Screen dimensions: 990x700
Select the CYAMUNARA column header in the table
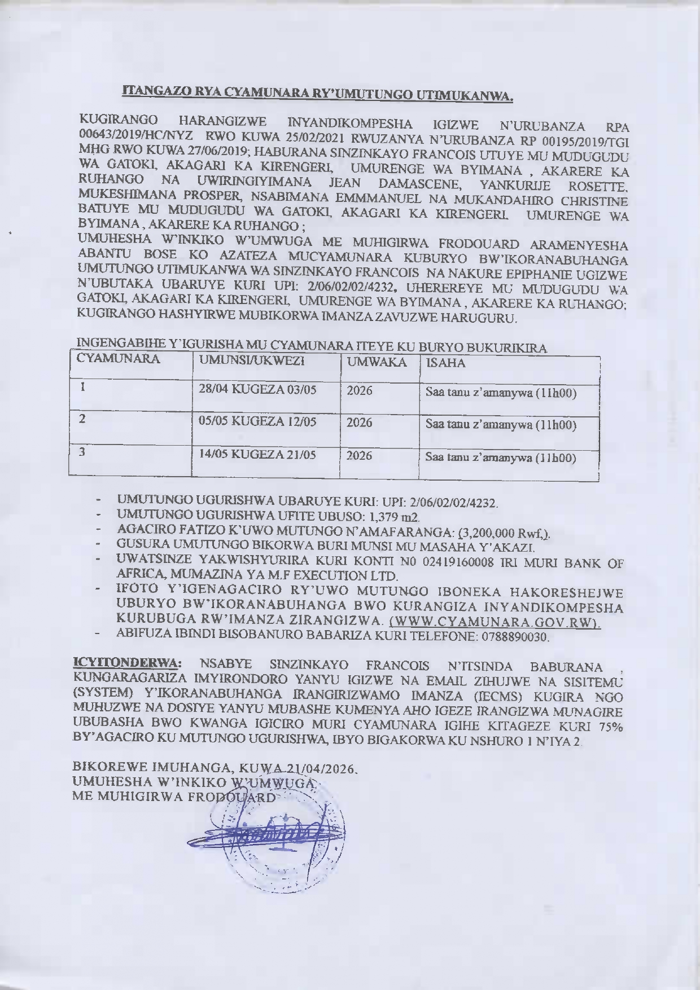pyautogui.click(x=118, y=359)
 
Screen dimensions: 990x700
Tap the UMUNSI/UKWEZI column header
pyautogui.click(x=249, y=360)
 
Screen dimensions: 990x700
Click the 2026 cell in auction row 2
pyautogui.click(x=360, y=422)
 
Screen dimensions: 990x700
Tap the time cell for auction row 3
pyautogui.click(x=501, y=457)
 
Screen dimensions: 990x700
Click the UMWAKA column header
pyautogui.click(x=377, y=362)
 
